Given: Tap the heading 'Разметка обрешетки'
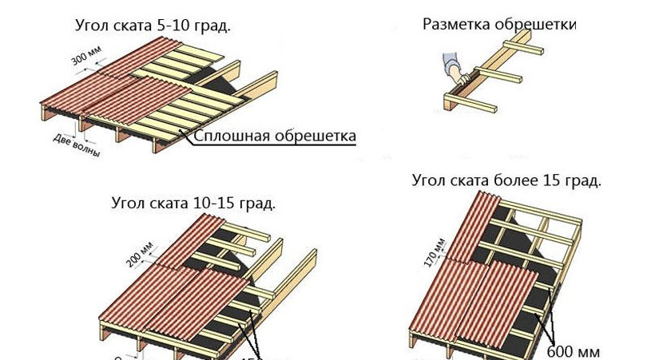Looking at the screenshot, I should click(499, 24).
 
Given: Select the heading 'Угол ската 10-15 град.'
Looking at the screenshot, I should click(193, 203).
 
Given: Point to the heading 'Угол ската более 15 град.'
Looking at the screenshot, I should click(506, 180).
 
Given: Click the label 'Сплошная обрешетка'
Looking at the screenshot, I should click(275, 136).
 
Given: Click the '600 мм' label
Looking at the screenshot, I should click(573, 350).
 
